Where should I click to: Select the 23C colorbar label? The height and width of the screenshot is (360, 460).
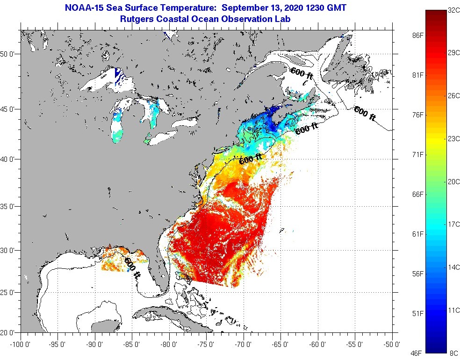point(453,138)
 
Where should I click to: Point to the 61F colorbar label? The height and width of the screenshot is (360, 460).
point(418,234)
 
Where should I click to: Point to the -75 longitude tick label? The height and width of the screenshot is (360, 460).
point(207,345)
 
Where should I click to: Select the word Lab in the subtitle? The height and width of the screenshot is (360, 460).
point(283,19)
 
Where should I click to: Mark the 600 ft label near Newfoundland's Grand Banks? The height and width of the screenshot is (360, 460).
point(365,114)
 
